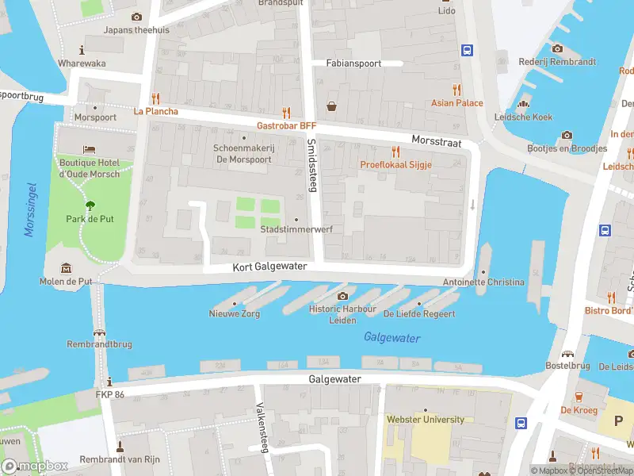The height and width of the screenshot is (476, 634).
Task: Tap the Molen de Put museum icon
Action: pos(67,268)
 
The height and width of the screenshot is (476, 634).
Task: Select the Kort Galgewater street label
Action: pos(269,267)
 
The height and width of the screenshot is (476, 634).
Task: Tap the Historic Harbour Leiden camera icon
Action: pos(342,296)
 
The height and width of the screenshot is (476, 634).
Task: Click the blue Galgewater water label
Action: pos(391,338)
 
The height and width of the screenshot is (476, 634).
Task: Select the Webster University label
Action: pos(425,419)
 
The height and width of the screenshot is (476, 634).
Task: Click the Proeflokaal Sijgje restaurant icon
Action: pos(395,152)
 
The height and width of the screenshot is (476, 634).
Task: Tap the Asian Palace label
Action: pos(456,103)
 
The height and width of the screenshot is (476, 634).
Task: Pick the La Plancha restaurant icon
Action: pos(155,98)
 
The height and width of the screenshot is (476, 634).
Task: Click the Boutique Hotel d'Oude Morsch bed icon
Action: pos(89,150)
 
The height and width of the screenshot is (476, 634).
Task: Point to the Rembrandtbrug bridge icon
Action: pos(100,332)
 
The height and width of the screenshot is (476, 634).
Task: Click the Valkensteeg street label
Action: pos(261,428)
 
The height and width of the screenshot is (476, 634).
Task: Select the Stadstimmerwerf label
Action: pos(296,229)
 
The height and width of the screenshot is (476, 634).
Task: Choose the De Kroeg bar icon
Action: pos(578,397)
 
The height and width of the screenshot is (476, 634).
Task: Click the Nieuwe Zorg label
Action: pos(234,314)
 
